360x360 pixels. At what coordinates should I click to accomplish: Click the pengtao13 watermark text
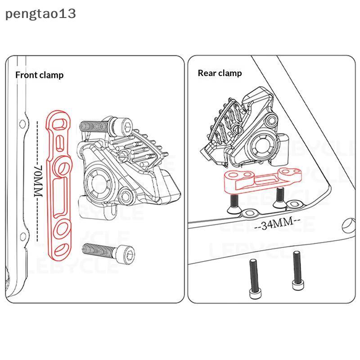40,14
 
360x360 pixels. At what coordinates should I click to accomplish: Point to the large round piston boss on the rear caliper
261,145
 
